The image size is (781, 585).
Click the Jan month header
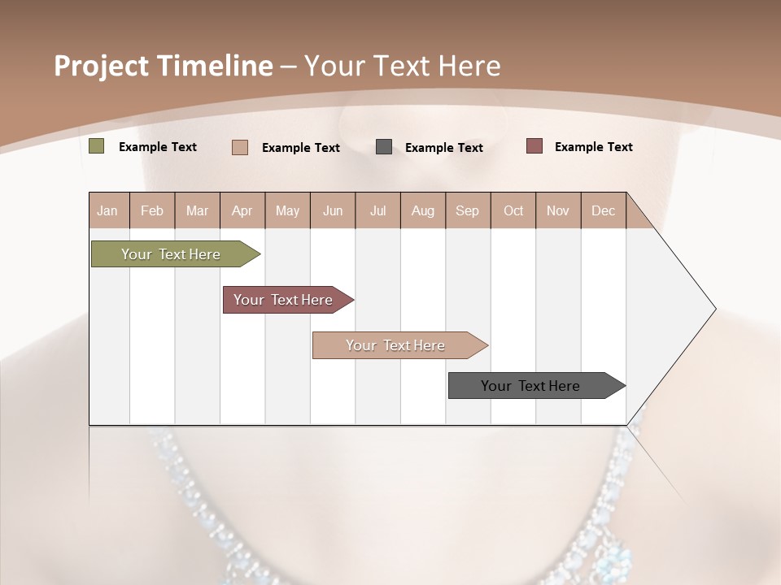click(x=107, y=210)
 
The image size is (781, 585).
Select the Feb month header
click(x=152, y=210)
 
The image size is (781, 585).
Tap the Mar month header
click(x=197, y=210)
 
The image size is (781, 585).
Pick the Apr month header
click(x=242, y=210)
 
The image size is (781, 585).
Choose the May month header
click(x=287, y=210)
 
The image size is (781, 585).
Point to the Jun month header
click(x=333, y=210)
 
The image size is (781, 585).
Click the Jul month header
click(x=377, y=210)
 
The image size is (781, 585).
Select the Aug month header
click(x=423, y=210)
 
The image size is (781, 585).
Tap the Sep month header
click(x=468, y=210)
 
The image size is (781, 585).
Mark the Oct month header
click(x=513, y=210)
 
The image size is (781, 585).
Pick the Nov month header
click(x=558, y=210)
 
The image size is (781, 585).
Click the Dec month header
click(x=604, y=210)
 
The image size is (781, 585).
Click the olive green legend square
click(x=97, y=146)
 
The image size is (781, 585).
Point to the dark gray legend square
click(x=384, y=147)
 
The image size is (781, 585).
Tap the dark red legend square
click(x=534, y=146)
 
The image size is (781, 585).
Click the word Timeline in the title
click(x=216, y=66)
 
